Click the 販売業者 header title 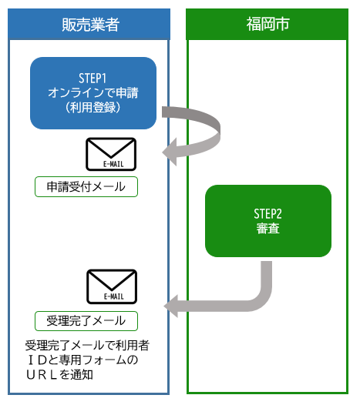pyautogui.click(x=89, y=25)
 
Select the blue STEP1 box pyautogui.click(x=93, y=93)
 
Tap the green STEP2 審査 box pyautogui.click(x=267, y=220)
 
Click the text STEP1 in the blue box pyautogui.click(x=93, y=78)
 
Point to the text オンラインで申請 pyautogui.click(x=93, y=92)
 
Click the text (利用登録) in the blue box pyautogui.click(x=93, y=107)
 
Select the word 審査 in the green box pyautogui.click(x=267, y=228)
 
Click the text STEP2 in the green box pyautogui.click(x=267, y=213)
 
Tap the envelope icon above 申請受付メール pyautogui.click(x=111, y=154)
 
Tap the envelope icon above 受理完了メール pyautogui.click(x=111, y=286)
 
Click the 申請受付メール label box pyautogui.click(x=86, y=187)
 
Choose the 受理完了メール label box pyautogui.click(x=86, y=320)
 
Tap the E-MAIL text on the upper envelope pyautogui.click(x=111, y=163)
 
